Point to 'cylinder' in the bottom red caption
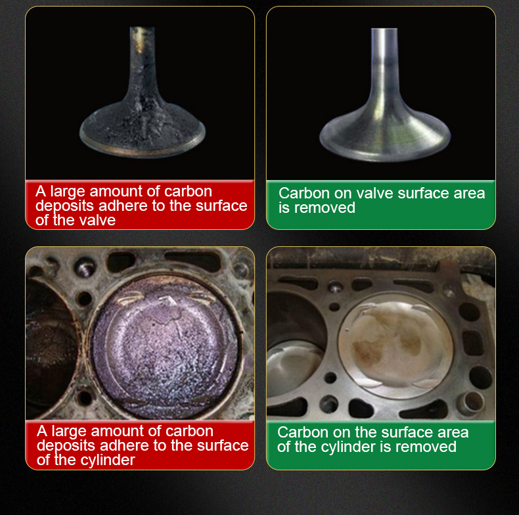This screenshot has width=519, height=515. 106,460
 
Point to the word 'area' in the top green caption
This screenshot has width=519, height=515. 468,193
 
